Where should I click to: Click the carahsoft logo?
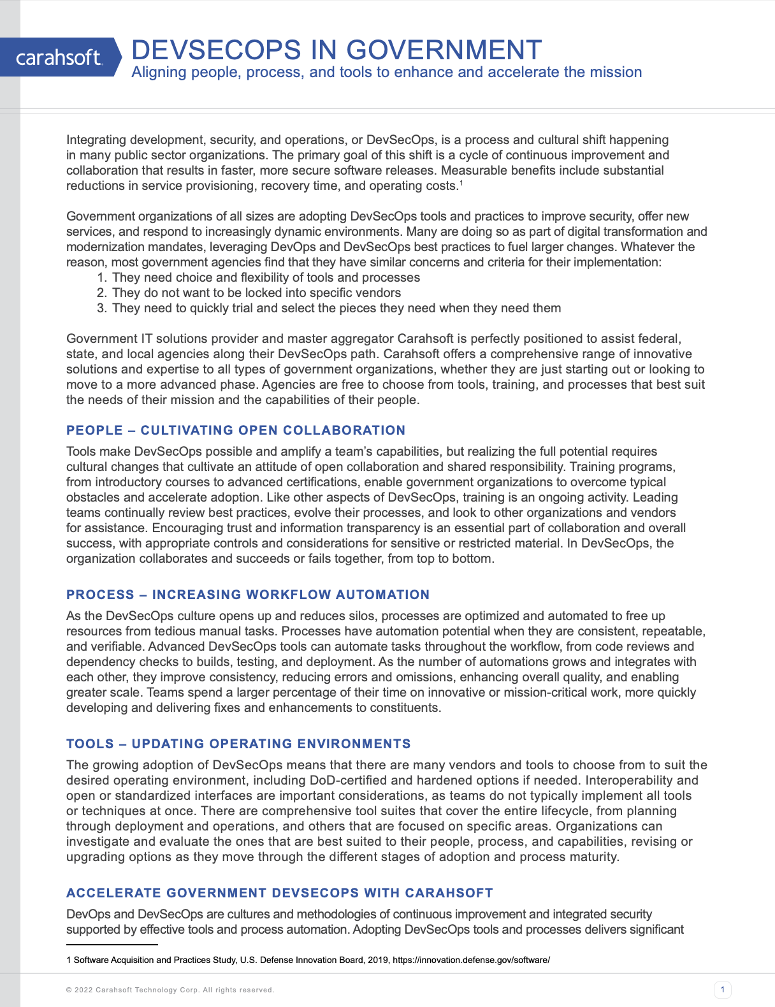pos(59,57)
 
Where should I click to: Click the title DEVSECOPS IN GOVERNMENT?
pos(337,50)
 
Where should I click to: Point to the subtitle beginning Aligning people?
pos(386,72)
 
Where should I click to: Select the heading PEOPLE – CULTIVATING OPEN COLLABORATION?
pos(236,430)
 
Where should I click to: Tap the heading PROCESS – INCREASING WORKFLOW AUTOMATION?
pos(248,595)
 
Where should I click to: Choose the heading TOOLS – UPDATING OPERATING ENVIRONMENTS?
pos(238,744)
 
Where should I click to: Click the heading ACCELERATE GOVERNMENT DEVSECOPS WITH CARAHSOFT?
pos(280,893)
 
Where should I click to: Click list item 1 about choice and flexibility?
pos(266,278)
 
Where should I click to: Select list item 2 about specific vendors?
pos(256,293)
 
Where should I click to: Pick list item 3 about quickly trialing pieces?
pos(336,308)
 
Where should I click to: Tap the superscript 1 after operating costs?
pos(461,184)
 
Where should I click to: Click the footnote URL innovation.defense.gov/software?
pos(471,960)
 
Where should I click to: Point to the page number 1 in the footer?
pos(722,990)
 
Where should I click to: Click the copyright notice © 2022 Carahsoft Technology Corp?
pos(170,990)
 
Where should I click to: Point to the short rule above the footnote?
pos(112,945)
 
